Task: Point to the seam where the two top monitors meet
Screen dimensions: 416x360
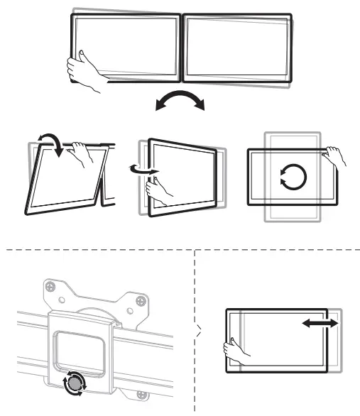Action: pyautogui.click(x=181, y=46)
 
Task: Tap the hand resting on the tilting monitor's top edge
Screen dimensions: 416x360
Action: pyautogui.click(x=84, y=151)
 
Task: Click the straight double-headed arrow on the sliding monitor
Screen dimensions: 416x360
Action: pyautogui.click(x=320, y=324)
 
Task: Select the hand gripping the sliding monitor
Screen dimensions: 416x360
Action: pyautogui.click(x=234, y=350)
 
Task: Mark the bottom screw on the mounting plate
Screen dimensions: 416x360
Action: pyautogui.click(x=142, y=394)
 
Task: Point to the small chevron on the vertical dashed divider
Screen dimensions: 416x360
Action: pyautogui.click(x=198, y=329)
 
